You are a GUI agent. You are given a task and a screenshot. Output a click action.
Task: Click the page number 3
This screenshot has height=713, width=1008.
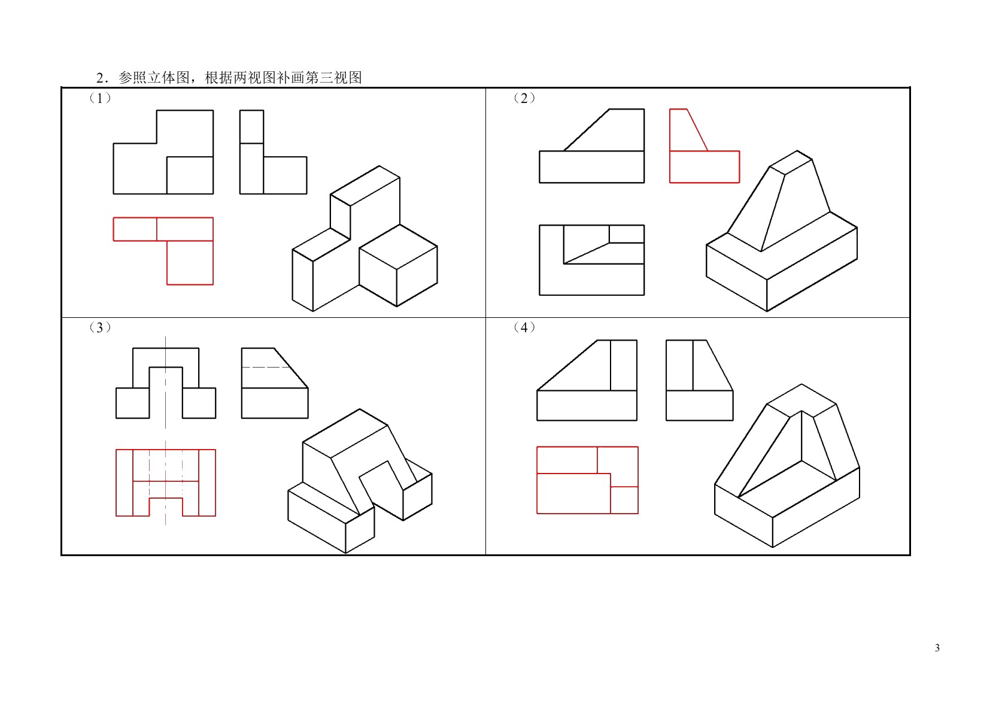[x=937, y=648]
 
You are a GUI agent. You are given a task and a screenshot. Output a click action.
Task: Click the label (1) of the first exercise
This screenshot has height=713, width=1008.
[x=100, y=98]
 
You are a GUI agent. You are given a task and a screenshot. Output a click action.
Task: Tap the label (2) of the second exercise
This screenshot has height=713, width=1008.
[x=524, y=98]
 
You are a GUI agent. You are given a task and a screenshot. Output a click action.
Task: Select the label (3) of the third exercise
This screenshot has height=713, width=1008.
[x=100, y=327]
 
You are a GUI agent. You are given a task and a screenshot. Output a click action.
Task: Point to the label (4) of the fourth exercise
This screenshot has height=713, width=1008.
[x=524, y=327]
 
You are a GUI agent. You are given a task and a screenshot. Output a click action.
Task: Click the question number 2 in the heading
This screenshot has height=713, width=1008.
[x=101, y=78]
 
